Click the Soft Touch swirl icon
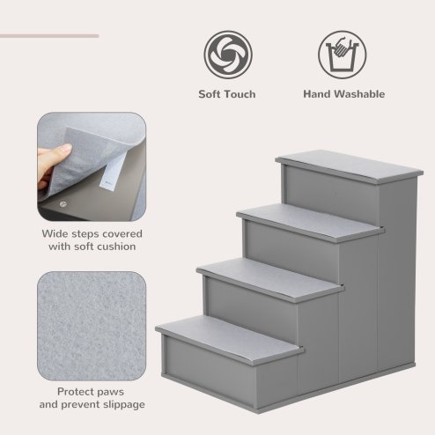point(227,54)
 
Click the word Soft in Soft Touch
point(210,94)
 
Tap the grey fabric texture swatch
point(92,325)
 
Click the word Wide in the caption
point(56,234)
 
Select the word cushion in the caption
point(116,247)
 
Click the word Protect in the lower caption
point(77,391)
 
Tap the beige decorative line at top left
point(49,36)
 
